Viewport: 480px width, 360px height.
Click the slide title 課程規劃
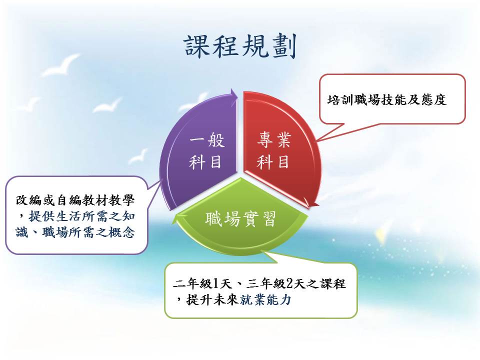[240, 46]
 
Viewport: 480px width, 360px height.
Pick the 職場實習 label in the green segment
[240, 218]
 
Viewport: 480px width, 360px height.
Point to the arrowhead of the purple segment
[234, 93]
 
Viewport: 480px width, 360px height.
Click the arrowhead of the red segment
[311, 202]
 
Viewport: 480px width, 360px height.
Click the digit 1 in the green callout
[215, 284]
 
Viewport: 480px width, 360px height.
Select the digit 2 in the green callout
[289, 284]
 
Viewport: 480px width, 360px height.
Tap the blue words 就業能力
[265, 299]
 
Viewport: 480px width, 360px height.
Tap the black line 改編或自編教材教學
[75, 200]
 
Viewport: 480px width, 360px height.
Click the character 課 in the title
[197, 46]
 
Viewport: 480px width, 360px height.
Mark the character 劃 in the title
[284, 46]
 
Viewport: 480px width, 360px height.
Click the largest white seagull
[61, 64]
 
